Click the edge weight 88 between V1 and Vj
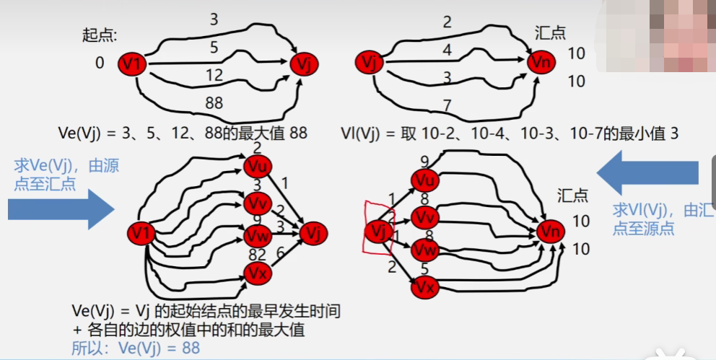[x=214, y=103]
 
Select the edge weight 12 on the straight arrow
[x=214, y=74]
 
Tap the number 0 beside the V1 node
[x=100, y=63]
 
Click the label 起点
[x=100, y=34]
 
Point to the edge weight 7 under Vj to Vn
[x=447, y=105]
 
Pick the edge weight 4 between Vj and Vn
[x=447, y=51]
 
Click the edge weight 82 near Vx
[x=257, y=255]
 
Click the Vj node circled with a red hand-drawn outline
[x=377, y=231]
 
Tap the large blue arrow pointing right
[x=61, y=210]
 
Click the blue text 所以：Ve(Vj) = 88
[x=136, y=348]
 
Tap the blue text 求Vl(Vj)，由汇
[x=656, y=210]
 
